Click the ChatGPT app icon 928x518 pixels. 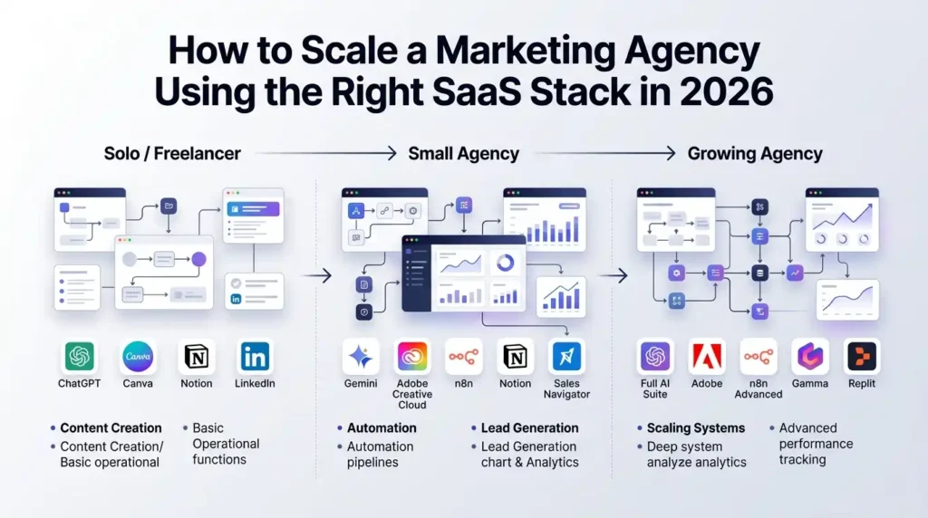pos(80,357)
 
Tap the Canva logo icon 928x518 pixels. pos(138,357)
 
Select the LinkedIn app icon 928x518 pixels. pos(255,357)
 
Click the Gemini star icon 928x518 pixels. pos(361,357)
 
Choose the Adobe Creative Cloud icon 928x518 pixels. pos(413,357)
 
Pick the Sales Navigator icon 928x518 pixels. pos(566,357)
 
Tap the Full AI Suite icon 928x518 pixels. pos(654,357)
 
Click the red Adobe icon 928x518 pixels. pos(707,357)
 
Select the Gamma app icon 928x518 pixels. pos(810,357)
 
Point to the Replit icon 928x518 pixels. pos(862,357)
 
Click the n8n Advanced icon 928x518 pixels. pos(759,357)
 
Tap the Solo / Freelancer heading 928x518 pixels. pos(172,153)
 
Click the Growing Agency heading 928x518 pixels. pos(755,153)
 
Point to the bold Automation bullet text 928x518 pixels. pos(382,427)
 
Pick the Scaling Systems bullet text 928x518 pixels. pos(696,427)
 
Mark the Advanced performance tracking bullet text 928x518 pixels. pos(816,444)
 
